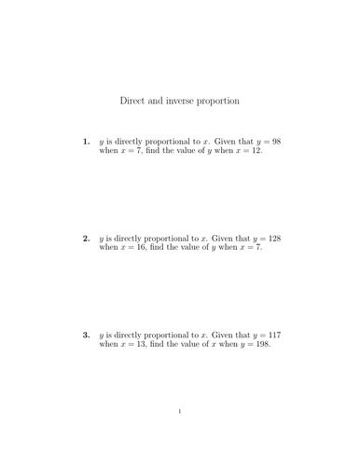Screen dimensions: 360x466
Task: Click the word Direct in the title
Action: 135,99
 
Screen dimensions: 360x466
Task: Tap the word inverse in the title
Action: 187,99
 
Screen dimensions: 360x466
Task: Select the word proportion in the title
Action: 233,99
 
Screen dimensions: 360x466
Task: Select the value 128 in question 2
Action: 272,238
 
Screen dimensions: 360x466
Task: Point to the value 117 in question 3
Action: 272,334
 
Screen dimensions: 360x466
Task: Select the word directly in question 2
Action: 132,238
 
